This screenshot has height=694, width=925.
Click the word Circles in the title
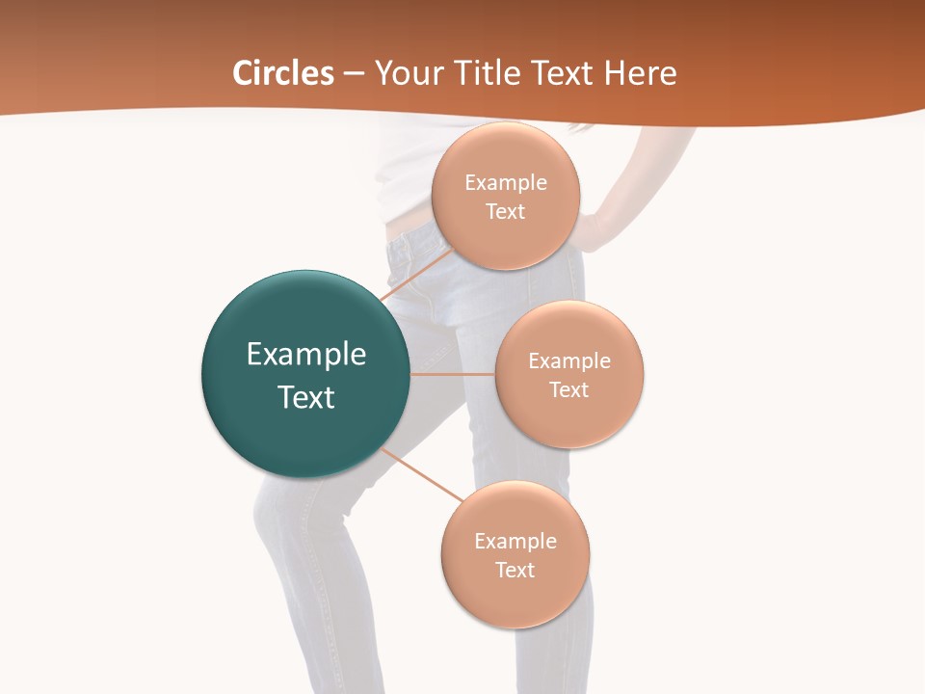[282, 72]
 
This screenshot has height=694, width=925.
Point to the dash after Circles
[354, 73]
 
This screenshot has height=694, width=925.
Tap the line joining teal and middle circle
[453, 374]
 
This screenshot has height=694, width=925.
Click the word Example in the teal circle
[306, 355]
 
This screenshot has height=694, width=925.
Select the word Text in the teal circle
[306, 397]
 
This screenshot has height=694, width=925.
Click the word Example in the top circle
[505, 183]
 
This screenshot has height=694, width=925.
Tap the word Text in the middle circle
[568, 390]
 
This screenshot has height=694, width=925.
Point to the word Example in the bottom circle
[515, 542]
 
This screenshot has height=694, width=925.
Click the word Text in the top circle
[505, 212]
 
